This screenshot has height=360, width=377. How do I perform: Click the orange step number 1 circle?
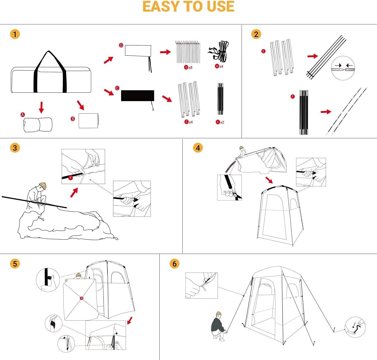(15, 34)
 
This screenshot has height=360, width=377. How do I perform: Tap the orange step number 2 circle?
(256, 34)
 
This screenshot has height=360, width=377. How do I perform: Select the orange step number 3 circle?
(15, 148)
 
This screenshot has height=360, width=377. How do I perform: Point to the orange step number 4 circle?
(198, 148)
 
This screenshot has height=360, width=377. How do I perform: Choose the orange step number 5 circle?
(15, 263)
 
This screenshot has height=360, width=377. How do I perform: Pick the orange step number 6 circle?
(174, 263)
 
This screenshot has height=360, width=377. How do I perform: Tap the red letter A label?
(23, 115)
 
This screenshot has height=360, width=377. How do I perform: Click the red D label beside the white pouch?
(121, 46)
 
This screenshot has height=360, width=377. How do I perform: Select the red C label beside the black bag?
(117, 88)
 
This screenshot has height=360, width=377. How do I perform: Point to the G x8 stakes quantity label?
(188, 67)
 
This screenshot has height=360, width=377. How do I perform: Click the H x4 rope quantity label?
(219, 66)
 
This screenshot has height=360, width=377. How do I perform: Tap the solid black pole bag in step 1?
(137, 96)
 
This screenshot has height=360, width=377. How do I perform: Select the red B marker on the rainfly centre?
(81, 298)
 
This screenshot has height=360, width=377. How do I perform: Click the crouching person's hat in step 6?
(218, 314)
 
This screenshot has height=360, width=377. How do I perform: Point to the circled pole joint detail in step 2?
(343, 68)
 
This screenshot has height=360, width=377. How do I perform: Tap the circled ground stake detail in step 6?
(355, 327)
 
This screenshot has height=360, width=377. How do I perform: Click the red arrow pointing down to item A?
(42, 107)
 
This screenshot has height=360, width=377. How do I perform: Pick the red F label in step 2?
(293, 97)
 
